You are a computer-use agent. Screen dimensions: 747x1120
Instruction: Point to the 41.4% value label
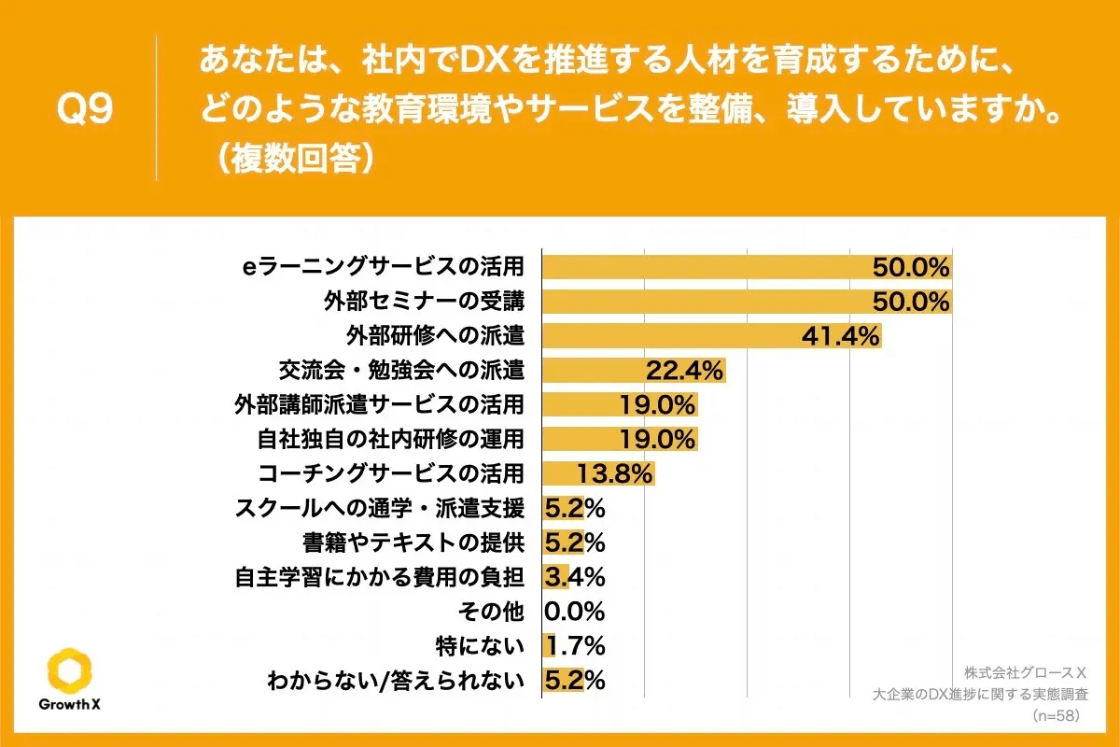click(x=840, y=336)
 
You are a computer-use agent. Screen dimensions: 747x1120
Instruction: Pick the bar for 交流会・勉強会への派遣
click(x=635, y=371)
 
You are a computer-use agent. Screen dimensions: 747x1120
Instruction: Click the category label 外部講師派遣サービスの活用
click(x=379, y=404)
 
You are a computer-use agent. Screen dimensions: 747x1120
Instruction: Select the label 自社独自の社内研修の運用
click(x=390, y=439)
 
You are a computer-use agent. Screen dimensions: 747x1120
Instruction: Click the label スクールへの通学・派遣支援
click(x=382, y=508)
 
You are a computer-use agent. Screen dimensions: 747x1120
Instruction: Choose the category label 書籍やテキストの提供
click(x=413, y=543)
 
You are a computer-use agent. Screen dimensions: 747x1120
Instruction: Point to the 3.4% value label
click(x=575, y=577)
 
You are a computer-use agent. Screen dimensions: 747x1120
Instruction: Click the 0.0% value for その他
click(x=575, y=612)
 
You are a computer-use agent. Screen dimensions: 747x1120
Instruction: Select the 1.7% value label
click(x=575, y=646)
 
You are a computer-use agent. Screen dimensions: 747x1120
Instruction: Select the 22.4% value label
click(x=685, y=371)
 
